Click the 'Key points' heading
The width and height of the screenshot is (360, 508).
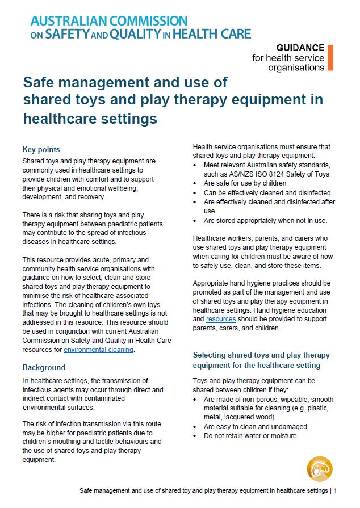point(41,150)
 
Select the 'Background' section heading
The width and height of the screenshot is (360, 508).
point(44,367)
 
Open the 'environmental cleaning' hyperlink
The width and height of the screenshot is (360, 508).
point(98,350)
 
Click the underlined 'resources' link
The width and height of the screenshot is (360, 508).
point(220,320)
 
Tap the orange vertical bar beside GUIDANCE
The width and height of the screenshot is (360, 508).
point(330,57)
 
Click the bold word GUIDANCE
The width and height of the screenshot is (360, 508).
point(300,48)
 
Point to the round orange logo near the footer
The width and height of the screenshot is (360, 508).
point(319,469)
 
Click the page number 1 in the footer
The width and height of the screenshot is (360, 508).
point(335,490)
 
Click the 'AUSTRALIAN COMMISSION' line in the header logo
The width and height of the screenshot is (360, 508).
point(109,22)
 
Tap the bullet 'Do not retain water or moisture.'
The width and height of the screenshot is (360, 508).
point(251,436)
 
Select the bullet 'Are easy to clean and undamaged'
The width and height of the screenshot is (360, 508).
point(255,426)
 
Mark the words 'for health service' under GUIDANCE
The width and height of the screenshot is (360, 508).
point(288,58)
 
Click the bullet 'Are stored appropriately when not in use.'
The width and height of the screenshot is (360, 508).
point(265,220)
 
